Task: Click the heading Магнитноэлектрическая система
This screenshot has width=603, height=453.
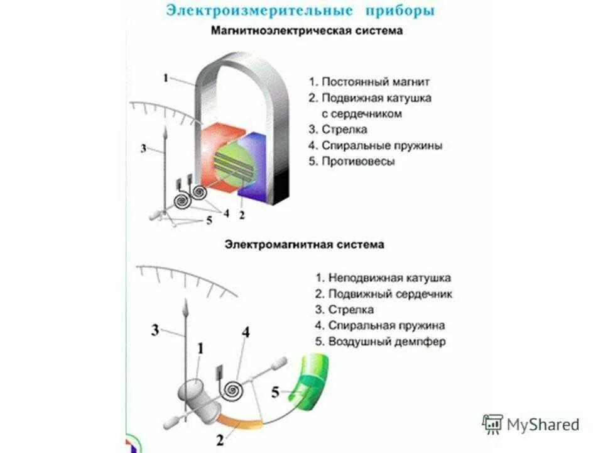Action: tap(307, 30)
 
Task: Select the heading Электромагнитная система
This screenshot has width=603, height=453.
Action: tap(304, 244)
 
